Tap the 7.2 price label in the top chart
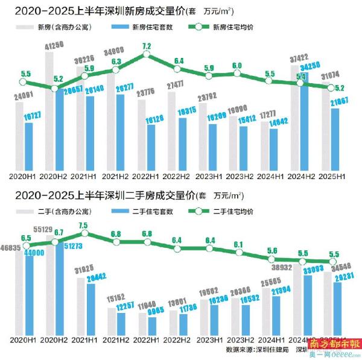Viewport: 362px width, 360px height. [x=147, y=46]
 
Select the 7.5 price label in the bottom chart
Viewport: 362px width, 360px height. [x=83, y=226]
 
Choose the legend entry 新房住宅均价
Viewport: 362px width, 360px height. [x=234, y=27]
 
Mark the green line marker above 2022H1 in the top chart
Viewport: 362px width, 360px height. [x=147, y=56]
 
